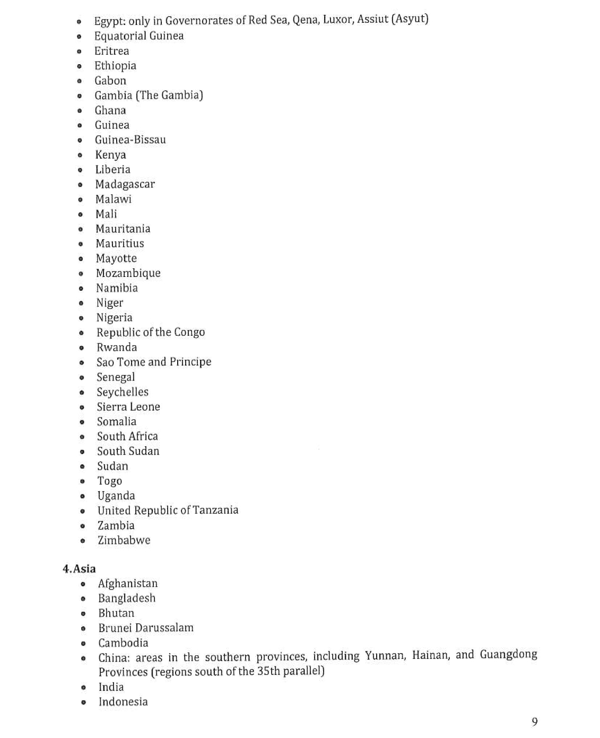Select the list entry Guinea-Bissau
point(130,140)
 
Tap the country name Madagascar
point(125,185)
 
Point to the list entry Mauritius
point(119,244)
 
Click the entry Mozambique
point(128,274)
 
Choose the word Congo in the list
point(189,333)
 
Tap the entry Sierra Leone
point(128,407)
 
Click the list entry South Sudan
point(128,452)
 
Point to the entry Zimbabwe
point(124,541)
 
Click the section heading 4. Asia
point(79,569)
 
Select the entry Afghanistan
point(128,584)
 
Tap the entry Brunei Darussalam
point(145,628)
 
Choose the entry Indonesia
point(123,702)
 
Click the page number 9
point(534,722)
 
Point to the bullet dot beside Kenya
point(80,155)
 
